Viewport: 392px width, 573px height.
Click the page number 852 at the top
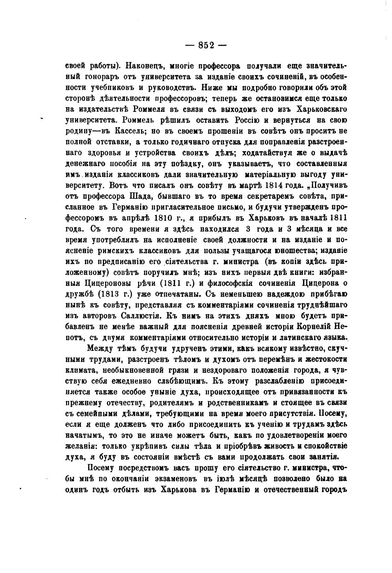pos(206,45)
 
